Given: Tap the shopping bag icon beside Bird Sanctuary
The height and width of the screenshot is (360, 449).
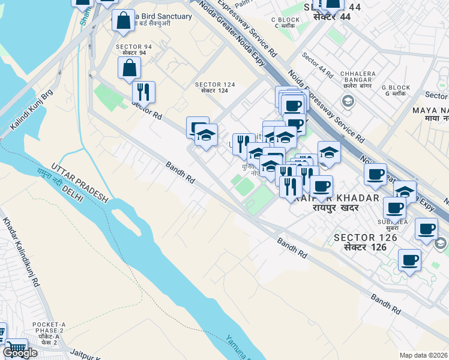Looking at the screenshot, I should (123, 21).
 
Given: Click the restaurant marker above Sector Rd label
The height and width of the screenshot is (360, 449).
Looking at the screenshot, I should (143, 92).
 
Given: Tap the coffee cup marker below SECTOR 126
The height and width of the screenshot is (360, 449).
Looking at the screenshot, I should (409, 260).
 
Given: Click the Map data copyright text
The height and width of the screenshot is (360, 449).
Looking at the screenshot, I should (423, 355).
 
